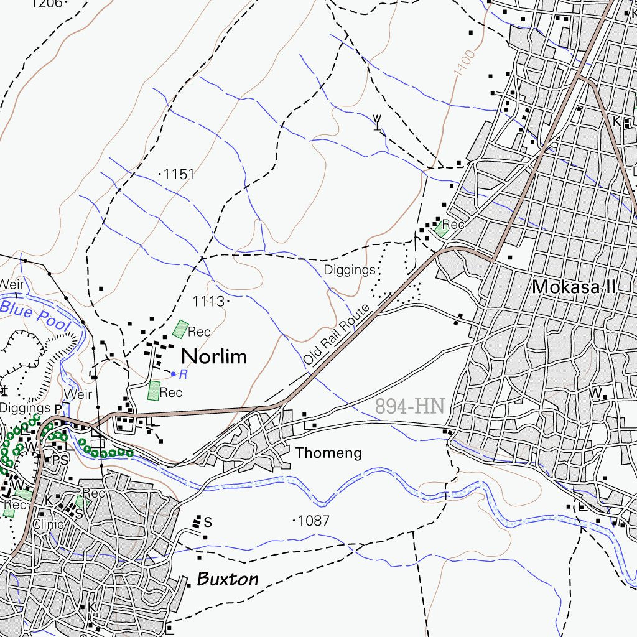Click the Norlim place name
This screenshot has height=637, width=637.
tap(213, 356)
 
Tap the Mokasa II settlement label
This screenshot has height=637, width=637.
tap(574, 287)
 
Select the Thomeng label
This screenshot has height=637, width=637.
tap(328, 453)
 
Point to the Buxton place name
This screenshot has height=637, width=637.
tap(227, 579)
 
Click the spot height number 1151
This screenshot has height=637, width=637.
tap(179, 175)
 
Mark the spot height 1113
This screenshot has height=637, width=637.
tap(208, 302)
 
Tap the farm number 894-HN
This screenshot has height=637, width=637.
tap(409, 407)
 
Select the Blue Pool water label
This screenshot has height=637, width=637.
tap(35, 313)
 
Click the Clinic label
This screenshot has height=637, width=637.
tap(48, 524)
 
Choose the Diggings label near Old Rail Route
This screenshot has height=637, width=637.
tap(350, 270)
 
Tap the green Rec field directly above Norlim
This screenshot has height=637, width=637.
tap(180, 329)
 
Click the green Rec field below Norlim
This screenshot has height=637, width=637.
tap(153, 391)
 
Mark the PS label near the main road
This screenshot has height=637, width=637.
tap(60, 460)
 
